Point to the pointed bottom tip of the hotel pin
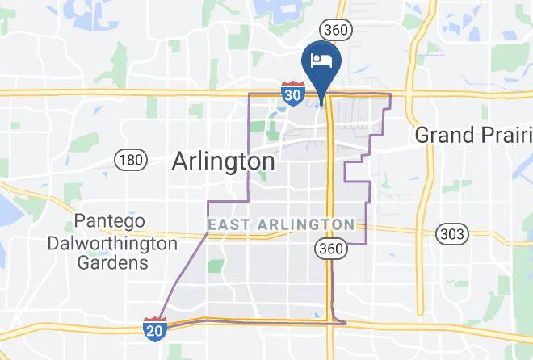point(321,103)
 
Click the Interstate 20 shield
point(154,329)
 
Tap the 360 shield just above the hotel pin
point(334,29)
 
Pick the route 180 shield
point(130,160)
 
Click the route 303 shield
point(451,234)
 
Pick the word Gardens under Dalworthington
point(112,262)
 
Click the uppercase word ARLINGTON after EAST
point(303,224)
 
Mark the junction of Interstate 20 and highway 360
point(330,322)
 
